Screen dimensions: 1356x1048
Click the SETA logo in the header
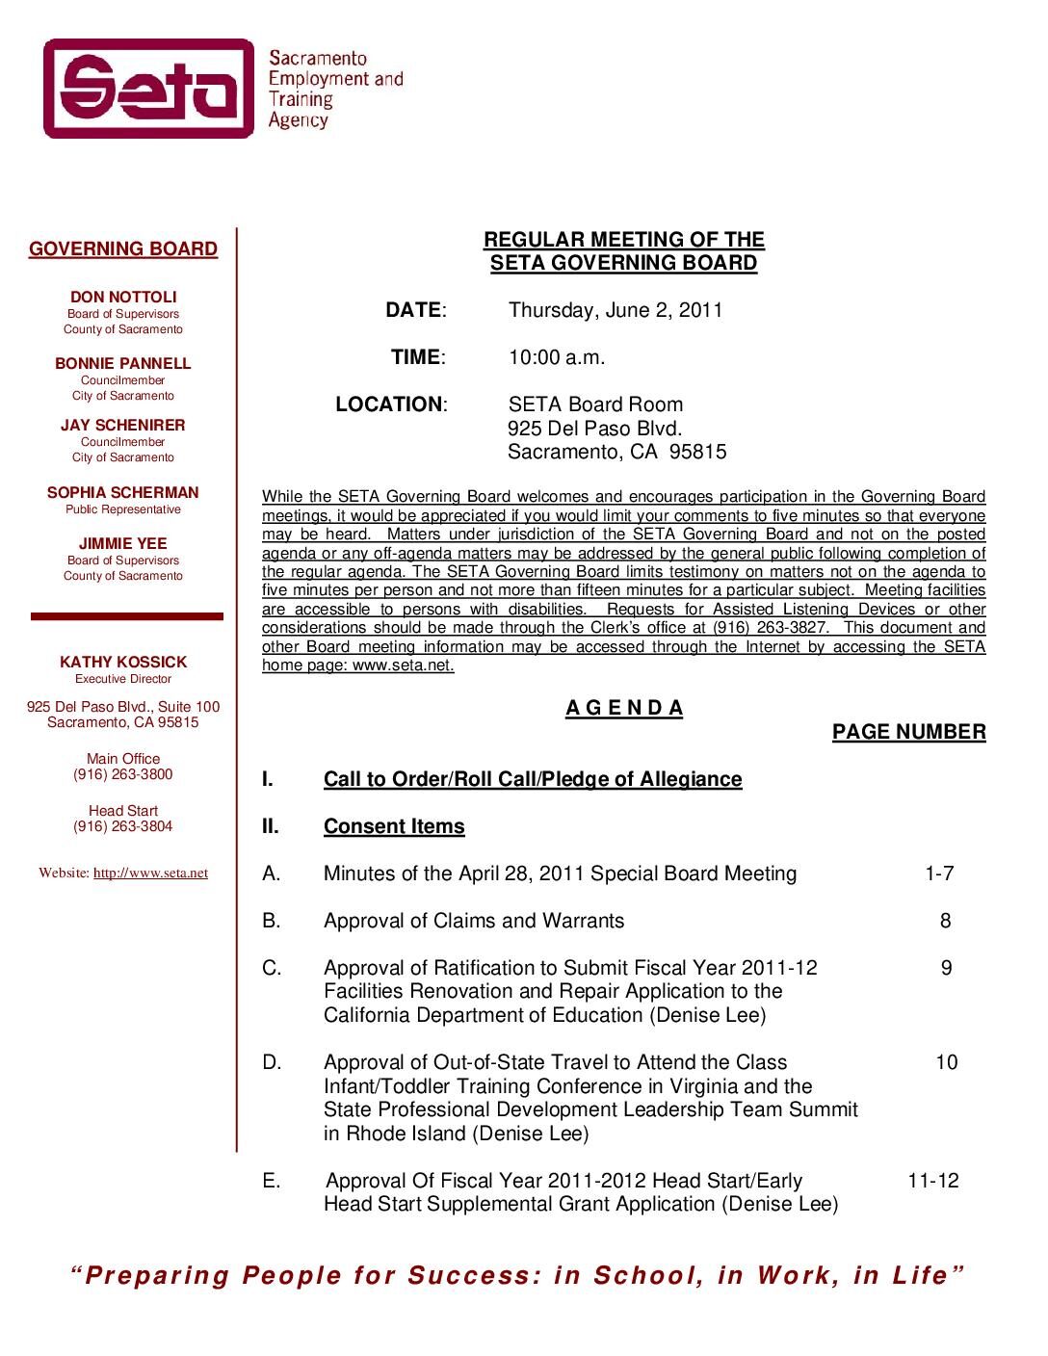[149, 89]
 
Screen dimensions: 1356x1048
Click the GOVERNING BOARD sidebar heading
[123, 249]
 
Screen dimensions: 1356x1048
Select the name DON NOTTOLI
[123, 298]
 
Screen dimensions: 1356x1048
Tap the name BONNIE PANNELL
[123, 364]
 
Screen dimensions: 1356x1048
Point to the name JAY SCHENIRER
[123, 426]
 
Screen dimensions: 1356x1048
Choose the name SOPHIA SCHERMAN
[123, 493]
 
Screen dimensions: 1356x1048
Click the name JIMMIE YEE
[123, 544]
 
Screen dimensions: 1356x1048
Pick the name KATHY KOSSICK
[123, 663]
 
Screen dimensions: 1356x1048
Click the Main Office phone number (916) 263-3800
[123, 775]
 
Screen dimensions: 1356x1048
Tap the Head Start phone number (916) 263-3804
[123, 827]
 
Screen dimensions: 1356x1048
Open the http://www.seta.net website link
[150, 874]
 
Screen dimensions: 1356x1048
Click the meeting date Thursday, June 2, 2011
[616, 310]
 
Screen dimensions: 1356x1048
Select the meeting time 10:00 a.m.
[557, 357]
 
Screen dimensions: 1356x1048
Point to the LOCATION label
[390, 404]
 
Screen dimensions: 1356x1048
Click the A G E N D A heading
[624, 709]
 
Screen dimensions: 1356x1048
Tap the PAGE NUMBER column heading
[908, 733]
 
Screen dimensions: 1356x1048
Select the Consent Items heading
[394, 827]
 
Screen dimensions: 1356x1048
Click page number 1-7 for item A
[939, 874]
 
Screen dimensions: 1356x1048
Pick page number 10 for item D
[947, 1063]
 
